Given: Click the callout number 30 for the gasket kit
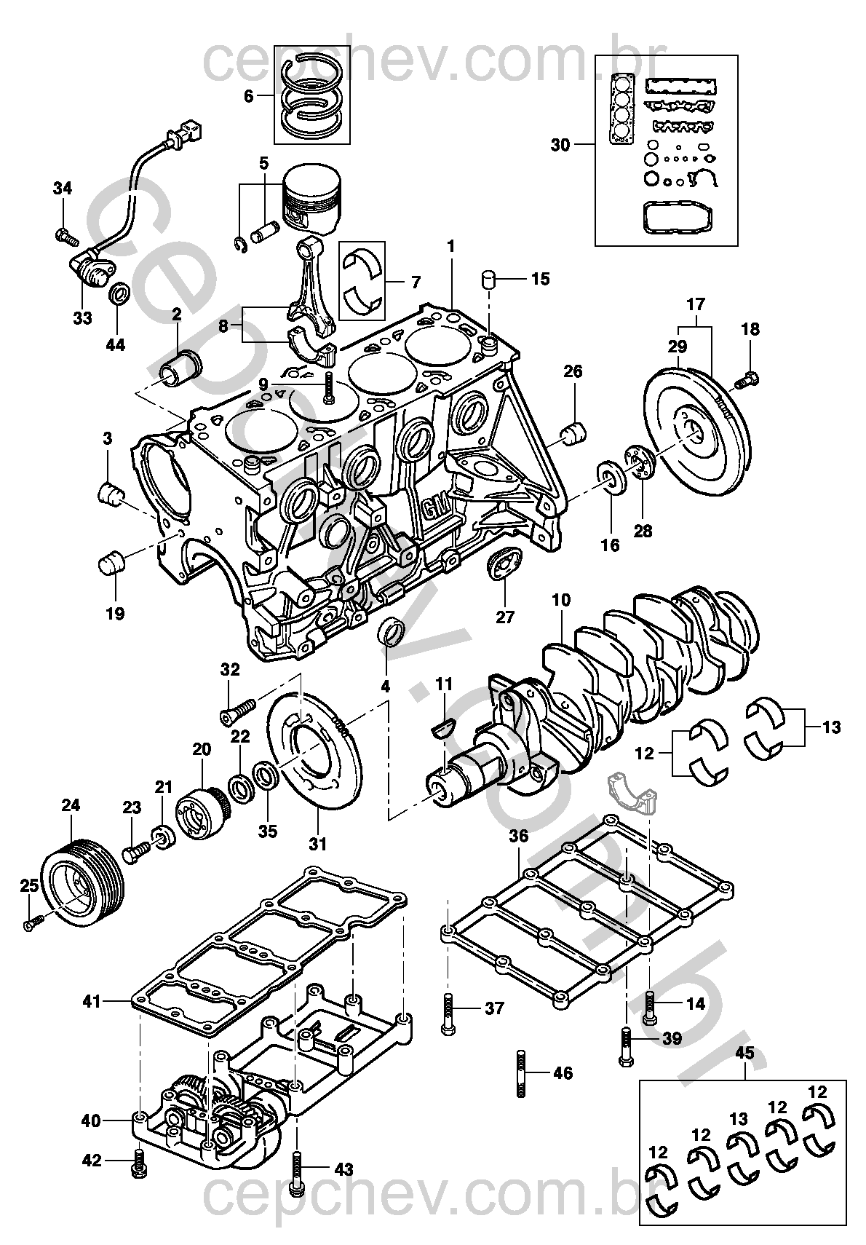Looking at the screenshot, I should pos(560,145).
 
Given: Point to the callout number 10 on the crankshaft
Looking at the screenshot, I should pos(561,601).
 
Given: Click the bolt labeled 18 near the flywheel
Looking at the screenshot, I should pos(747,379).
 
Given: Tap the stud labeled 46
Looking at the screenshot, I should pos(521,1072).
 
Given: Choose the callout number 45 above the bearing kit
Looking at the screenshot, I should pos(744,1053).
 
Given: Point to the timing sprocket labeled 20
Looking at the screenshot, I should pos(201,815).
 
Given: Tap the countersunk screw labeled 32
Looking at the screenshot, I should pos(236,708).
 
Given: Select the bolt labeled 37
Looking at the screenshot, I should pos(447,1012).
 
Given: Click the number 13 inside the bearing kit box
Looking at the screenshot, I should pos(739,1118).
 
